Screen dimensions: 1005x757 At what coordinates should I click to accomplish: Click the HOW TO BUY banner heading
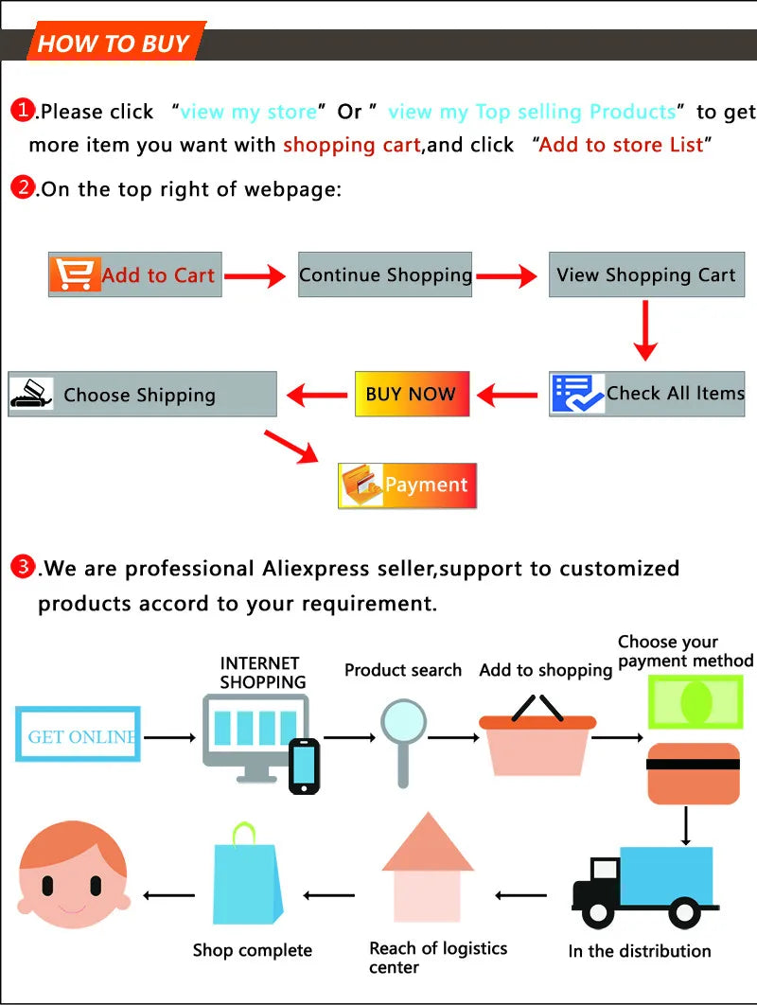[114, 44]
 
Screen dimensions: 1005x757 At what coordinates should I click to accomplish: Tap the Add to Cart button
[135, 275]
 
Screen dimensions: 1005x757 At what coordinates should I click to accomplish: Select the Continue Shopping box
[385, 275]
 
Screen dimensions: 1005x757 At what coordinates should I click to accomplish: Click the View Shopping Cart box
[645, 275]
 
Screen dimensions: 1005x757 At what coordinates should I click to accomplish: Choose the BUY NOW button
[412, 394]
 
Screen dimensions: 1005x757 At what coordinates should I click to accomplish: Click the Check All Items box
[646, 394]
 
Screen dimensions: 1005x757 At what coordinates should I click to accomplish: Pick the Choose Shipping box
[142, 395]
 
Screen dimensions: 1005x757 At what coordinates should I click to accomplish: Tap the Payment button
[408, 485]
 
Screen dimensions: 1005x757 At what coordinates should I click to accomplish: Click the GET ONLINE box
[78, 735]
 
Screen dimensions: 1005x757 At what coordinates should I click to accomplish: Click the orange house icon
[428, 871]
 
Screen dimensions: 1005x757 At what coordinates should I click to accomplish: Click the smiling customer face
[73, 875]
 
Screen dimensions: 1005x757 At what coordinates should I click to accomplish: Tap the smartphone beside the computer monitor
[304, 766]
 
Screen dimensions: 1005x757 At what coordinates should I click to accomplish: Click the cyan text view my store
[248, 112]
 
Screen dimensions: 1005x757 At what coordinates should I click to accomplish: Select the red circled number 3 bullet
[22, 567]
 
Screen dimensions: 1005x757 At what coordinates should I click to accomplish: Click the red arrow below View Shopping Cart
[645, 331]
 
